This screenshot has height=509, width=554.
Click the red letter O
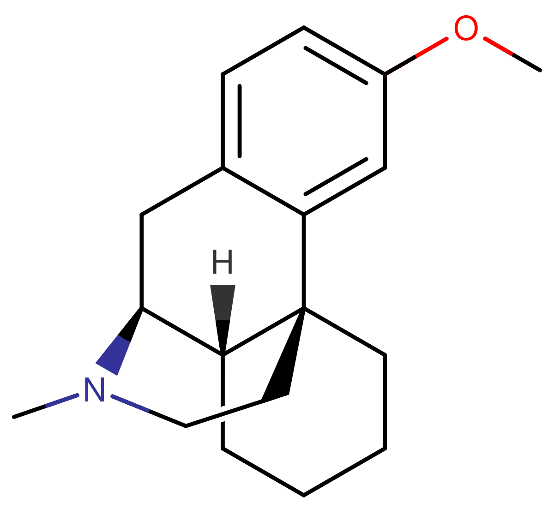465,28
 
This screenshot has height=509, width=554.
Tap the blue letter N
95,389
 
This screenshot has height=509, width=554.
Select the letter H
223,262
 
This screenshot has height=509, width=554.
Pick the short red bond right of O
499,47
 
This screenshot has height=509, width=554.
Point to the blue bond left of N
62,401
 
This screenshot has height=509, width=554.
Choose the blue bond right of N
130,403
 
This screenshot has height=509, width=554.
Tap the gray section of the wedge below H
223,302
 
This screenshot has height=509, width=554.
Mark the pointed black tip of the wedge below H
223,353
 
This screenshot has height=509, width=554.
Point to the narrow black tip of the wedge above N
140,309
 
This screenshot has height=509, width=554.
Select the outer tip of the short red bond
512,54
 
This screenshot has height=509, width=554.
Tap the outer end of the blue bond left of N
47,406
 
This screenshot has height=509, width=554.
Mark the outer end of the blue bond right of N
148,410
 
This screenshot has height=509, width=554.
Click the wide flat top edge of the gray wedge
223,286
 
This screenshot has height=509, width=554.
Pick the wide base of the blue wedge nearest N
107,369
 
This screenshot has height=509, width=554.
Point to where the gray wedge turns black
223,320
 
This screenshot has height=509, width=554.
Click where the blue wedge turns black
125,338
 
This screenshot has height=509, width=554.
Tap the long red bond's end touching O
446,39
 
